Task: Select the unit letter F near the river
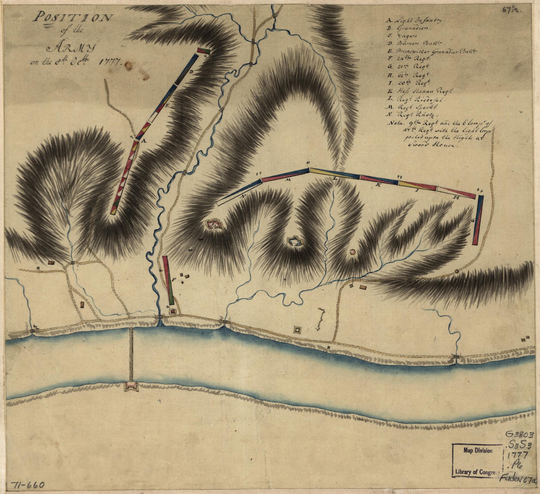pyautogui.click(x=174, y=280)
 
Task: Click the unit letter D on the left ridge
pyautogui.click(x=191, y=72)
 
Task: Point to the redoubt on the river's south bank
pyautogui.click(x=130, y=387)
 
